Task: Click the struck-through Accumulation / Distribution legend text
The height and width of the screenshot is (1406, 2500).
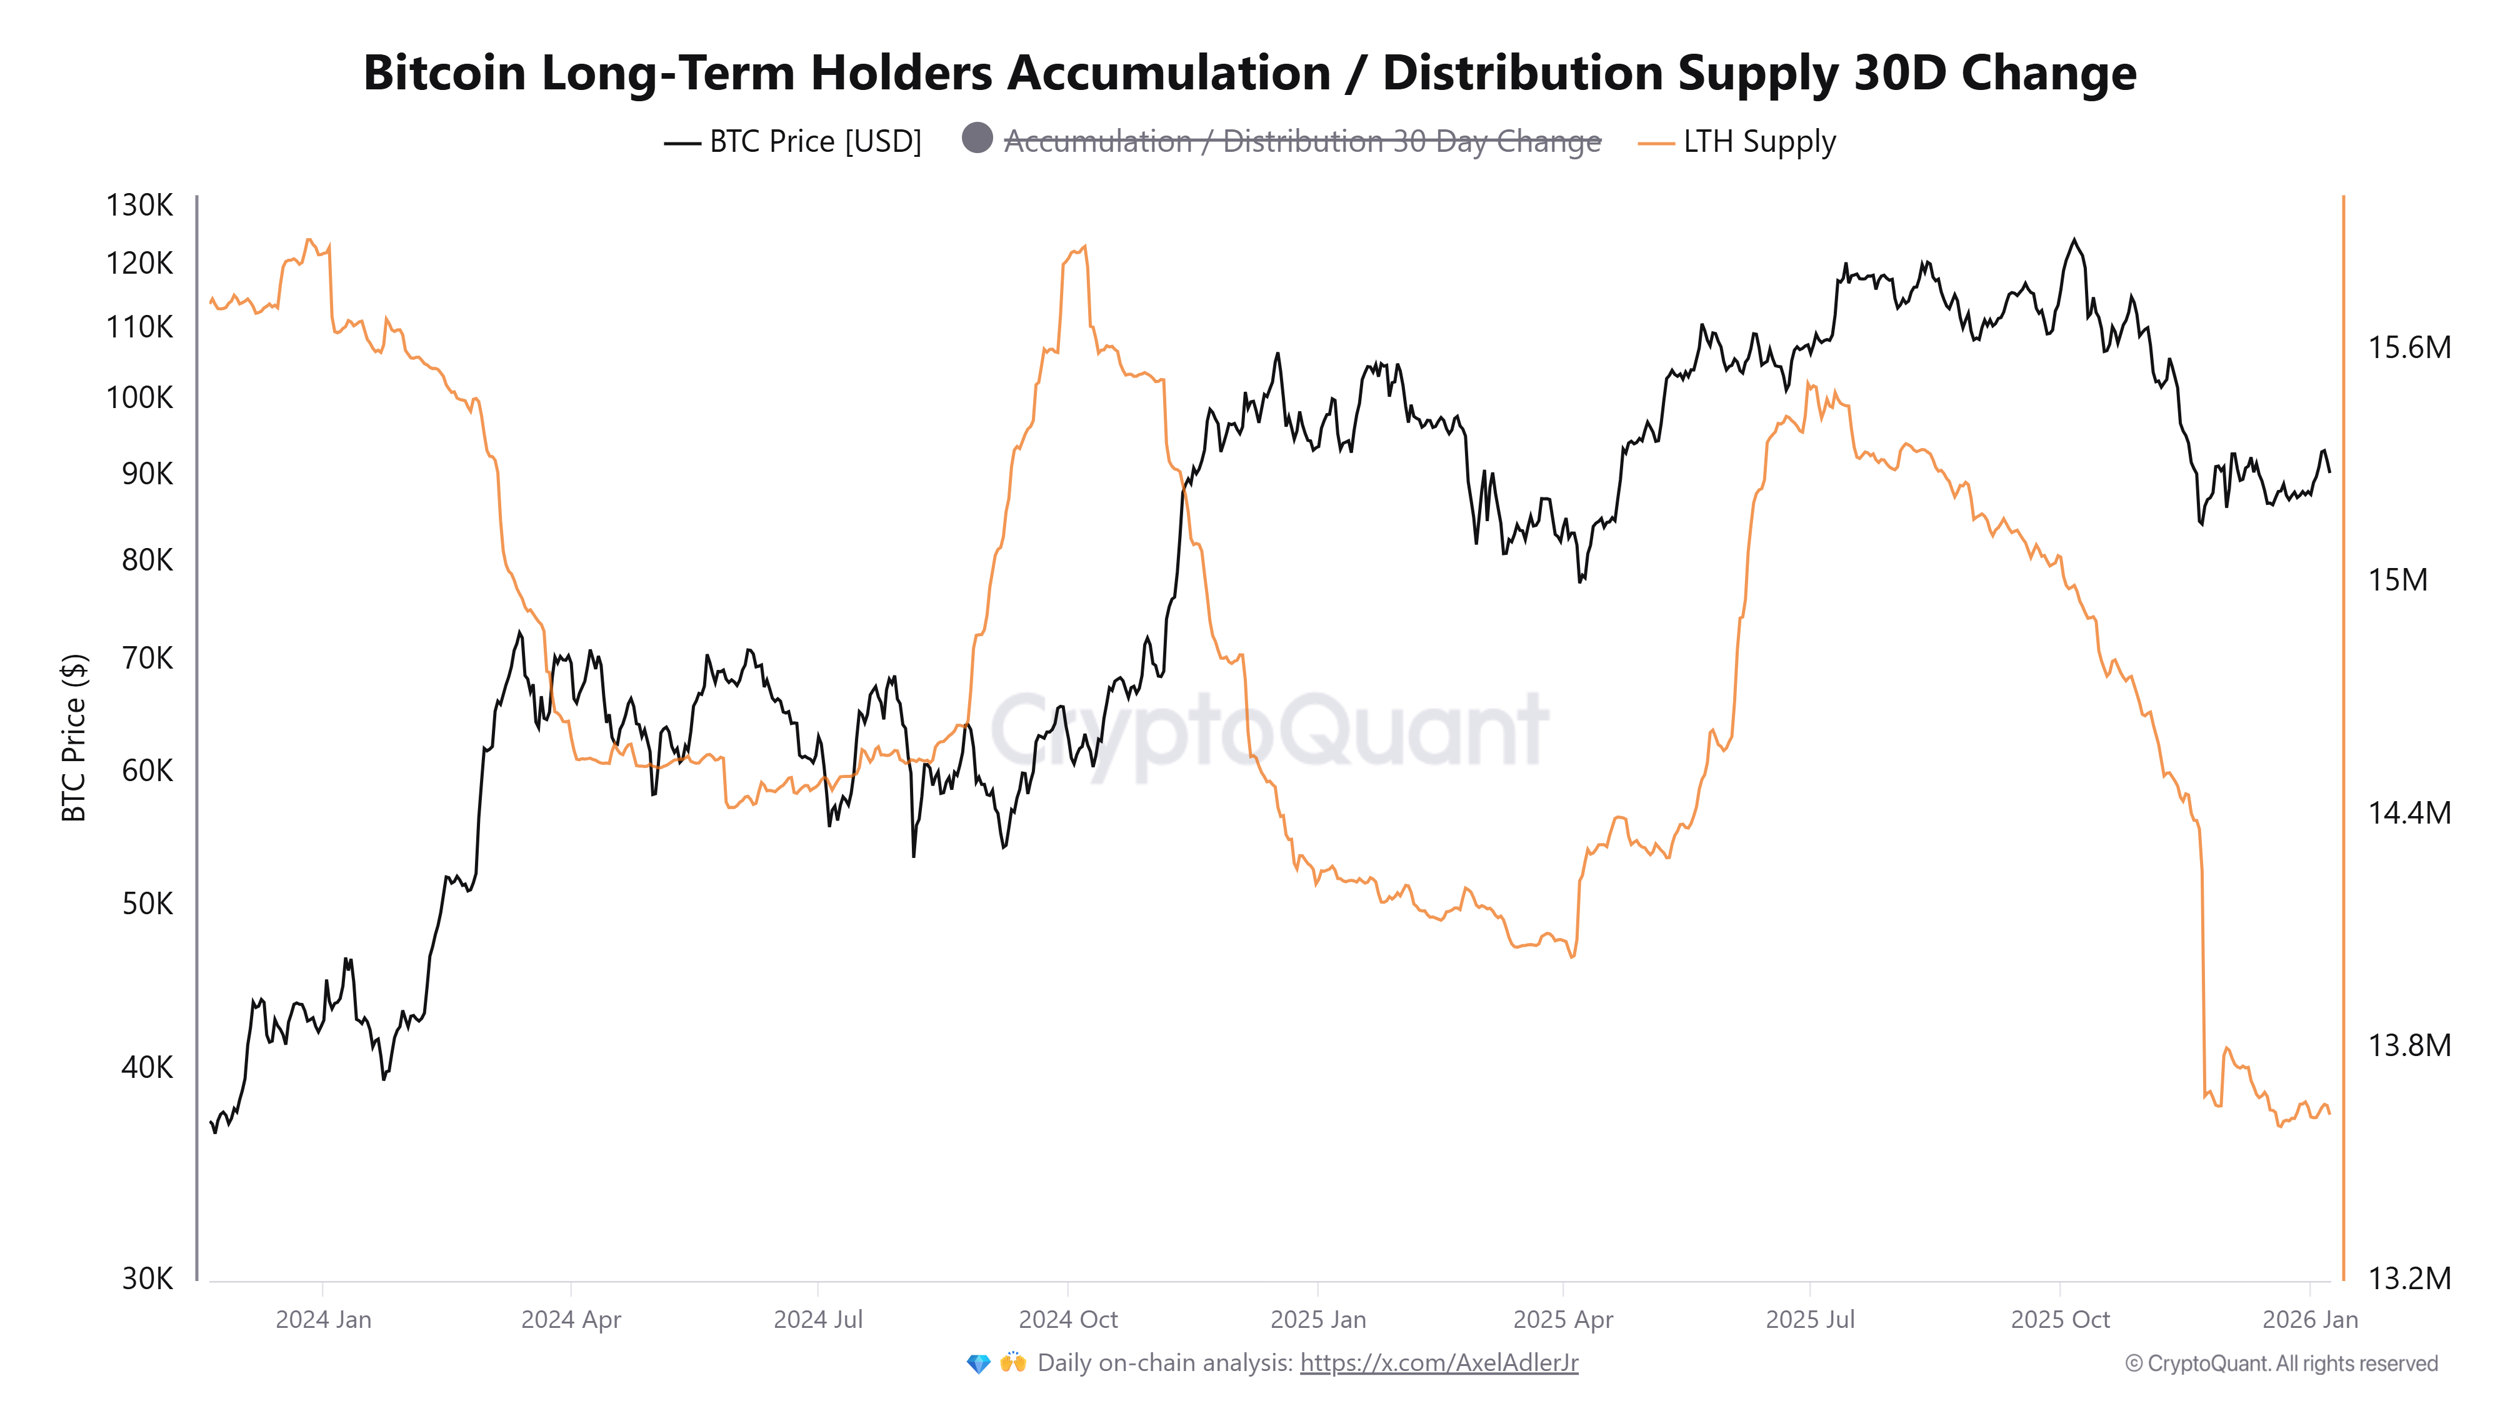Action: (1301, 142)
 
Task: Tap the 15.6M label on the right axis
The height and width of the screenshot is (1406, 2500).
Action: (2409, 347)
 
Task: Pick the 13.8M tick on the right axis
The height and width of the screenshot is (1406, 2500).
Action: (2409, 1045)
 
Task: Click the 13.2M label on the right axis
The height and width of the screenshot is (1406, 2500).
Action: (2409, 1278)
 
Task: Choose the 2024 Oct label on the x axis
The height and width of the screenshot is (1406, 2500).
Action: (1067, 1320)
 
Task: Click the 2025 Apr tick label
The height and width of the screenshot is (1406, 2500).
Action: (1562, 1320)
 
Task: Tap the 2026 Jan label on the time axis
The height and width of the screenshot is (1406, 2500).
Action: (2310, 1320)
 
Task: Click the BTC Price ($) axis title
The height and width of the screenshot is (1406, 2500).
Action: (74, 737)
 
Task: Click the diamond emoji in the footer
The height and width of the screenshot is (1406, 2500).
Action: (978, 1364)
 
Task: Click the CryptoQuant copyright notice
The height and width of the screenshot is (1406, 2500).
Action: (2281, 1364)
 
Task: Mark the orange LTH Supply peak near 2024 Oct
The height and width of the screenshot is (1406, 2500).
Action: (1084, 246)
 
